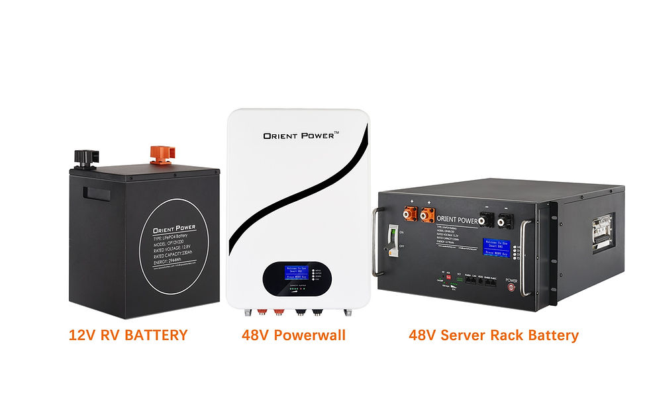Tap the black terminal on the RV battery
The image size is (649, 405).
coord(83,156)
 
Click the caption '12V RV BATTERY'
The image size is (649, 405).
coord(128,336)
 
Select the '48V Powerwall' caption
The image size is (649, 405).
coord(293,336)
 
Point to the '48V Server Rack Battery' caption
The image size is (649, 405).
coord(493,336)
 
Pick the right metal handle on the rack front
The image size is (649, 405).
coord(526,258)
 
